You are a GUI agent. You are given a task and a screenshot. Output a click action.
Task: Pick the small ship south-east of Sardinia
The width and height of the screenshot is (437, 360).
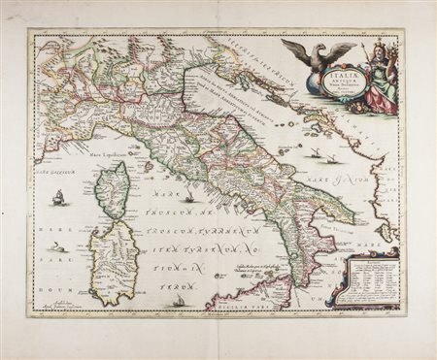pos(181,302)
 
